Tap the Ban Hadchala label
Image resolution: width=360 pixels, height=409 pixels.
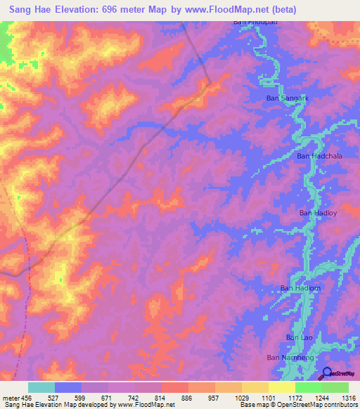click(319, 156)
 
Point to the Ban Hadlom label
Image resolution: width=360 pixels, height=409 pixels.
click(301, 288)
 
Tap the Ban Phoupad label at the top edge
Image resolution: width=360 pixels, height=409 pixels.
click(250, 22)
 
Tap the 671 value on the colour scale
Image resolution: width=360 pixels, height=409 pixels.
click(108, 398)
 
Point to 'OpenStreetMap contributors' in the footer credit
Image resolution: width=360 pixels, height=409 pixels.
click(319, 405)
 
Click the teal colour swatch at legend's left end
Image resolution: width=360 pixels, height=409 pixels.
click(41, 387)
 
